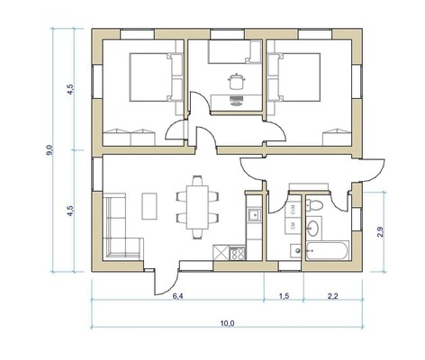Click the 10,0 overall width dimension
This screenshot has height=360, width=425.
point(227,323)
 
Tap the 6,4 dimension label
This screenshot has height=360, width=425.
point(177,296)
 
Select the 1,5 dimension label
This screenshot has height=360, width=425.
point(284,296)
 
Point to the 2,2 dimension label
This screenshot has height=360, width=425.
point(332,296)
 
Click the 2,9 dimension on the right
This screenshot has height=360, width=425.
point(380,232)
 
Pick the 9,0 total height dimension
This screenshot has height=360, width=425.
point(50,149)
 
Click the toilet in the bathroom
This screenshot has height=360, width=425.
point(314,205)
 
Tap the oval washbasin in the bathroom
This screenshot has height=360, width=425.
point(313,228)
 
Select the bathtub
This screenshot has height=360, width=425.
point(328,250)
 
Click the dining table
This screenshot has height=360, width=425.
point(197,207)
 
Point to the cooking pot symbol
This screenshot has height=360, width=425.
point(237,81)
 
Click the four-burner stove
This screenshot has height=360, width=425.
point(238,253)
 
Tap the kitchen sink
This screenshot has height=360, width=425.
point(254,215)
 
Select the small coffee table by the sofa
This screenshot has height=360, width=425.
point(149,206)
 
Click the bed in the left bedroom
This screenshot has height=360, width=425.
point(156,77)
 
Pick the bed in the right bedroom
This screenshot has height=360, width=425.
point(294,77)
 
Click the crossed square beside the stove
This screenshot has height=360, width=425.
point(221,253)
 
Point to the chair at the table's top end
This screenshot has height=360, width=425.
point(197,181)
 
